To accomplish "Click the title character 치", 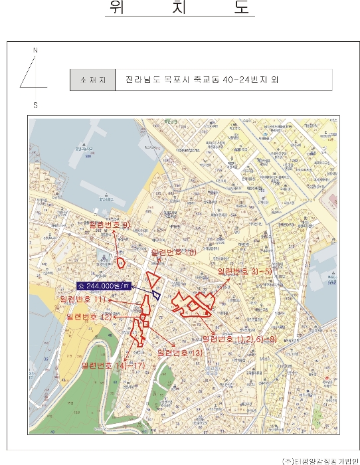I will [x=179, y=7].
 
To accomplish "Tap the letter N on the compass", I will [x=36, y=50].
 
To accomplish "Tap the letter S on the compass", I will [x=35, y=105].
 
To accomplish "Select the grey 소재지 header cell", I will [x=92, y=80].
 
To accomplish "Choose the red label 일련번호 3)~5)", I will [x=244, y=272].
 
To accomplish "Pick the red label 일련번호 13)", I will [x=179, y=351].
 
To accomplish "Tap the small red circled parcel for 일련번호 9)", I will [x=121, y=262].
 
